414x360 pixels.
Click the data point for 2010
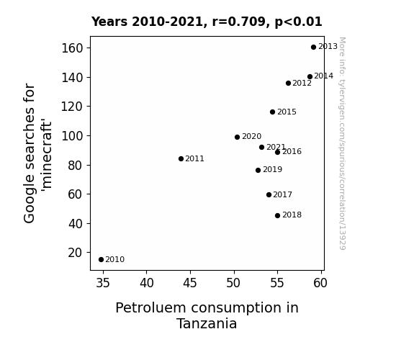(x=101, y=260)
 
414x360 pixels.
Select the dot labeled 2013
(x=313, y=48)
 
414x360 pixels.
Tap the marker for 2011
(x=181, y=158)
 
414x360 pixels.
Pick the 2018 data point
(x=277, y=215)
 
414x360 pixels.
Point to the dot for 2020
(x=237, y=137)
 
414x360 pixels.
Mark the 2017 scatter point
(x=269, y=194)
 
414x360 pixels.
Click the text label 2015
(x=287, y=112)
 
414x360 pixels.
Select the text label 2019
(x=272, y=170)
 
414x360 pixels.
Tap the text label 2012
(x=302, y=84)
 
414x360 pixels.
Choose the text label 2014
(x=324, y=76)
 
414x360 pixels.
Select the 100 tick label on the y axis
(x=72, y=136)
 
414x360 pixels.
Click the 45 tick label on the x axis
(x=190, y=283)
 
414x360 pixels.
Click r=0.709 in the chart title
(x=239, y=22)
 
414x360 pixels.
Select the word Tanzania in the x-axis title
(x=207, y=323)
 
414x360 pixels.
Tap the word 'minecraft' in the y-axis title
(x=47, y=155)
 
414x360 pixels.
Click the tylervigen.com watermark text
(x=342, y=143)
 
